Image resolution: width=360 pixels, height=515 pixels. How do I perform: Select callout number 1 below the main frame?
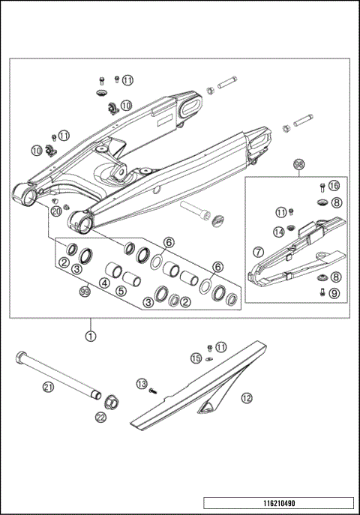point(90,337)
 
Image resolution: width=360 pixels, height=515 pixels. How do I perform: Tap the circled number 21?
point(49,387)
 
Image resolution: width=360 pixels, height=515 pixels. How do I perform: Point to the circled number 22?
point(101,418)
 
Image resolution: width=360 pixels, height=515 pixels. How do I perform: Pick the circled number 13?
point(142,384)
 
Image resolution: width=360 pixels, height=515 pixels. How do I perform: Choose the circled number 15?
point(195,359)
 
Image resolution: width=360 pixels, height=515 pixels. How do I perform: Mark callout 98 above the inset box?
point(298,164)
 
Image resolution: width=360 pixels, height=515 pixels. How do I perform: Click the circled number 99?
point(85,295)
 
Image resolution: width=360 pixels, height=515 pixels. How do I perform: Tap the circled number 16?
point(334,185)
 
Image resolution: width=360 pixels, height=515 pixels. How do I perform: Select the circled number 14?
point(278,231)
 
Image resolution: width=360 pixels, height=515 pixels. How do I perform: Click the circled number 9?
point(334,293)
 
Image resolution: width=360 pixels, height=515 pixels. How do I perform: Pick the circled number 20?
point(55,212)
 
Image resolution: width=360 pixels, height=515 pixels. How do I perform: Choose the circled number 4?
point(104,284)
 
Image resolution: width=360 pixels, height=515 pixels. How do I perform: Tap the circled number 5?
point(121,290)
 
